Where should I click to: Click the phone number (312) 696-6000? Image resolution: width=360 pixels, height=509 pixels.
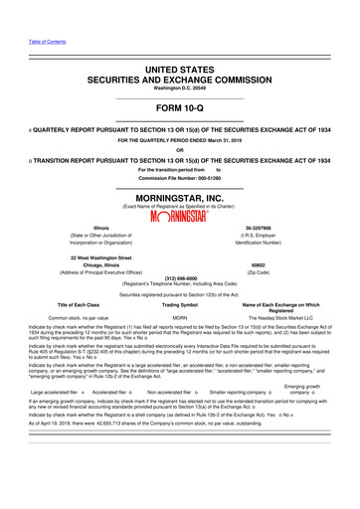pyautogui.click(x=180, y=277)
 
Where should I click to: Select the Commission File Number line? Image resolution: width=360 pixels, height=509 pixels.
pyautogui.click(x=179, y=180)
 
